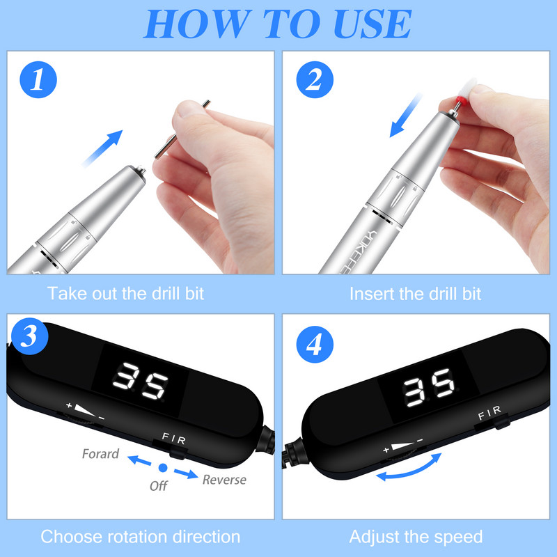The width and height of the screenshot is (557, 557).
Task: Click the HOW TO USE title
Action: click(278, 24)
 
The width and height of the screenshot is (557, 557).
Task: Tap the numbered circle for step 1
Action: click(38, 79)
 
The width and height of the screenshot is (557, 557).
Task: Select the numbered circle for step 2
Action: click(315, 79)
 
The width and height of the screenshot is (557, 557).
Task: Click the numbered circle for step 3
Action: click(30, 336)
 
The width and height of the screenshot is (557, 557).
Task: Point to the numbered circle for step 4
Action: click(315, 344)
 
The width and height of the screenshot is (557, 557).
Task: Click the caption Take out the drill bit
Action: click(126, 294)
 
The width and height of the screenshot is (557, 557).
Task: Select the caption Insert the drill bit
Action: click(415, 294)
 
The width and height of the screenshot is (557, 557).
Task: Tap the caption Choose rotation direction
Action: click(141, 537)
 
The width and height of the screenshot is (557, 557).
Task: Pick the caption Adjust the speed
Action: click(416, 537)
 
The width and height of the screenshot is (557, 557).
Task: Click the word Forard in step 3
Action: click(100, 454)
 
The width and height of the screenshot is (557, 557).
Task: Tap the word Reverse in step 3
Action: click(224, 480)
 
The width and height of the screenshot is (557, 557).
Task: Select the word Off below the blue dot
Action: click(159, 486)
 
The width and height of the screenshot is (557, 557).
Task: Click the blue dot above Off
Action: click(163, 468)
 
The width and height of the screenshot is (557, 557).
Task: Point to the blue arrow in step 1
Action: click(102, 148)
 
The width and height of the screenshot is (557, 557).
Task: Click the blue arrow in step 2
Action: click(406, 115)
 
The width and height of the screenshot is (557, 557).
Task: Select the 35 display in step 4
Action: click(429, 388)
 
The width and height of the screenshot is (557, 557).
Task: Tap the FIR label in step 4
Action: click(489, 413)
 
